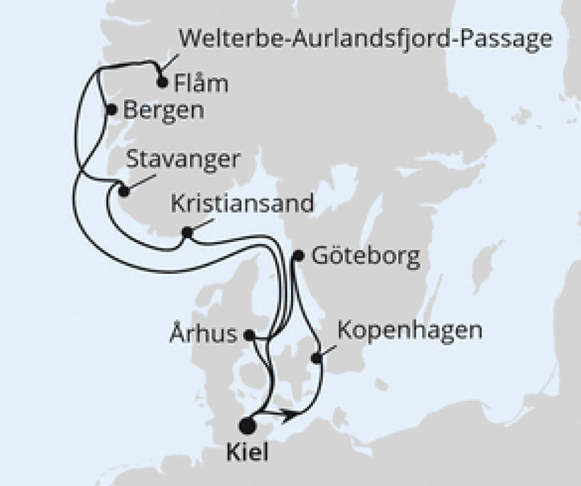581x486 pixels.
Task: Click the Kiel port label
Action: (248, 453)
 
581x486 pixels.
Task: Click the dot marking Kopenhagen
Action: (316, 357)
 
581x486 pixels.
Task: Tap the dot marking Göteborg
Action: (297, 256)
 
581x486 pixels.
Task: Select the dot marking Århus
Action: (249, 335)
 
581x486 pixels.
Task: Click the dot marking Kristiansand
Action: (186, 234)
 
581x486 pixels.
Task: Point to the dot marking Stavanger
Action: (123, 191)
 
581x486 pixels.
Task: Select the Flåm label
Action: (201, 85)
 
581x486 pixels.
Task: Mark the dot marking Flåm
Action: (162, 83)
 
